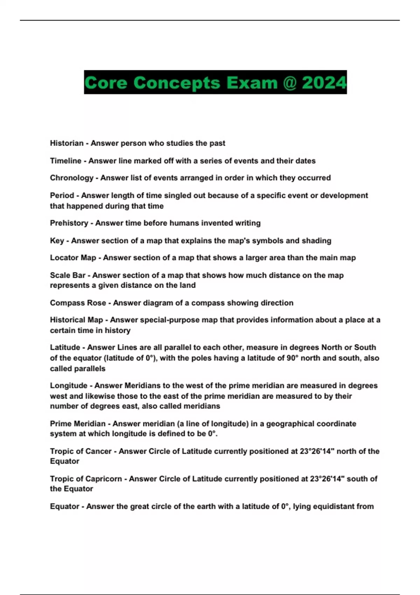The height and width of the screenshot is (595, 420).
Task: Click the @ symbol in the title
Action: (289, 83)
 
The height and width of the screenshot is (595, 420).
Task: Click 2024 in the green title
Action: (324, 83)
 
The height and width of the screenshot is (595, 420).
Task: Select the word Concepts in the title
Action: (177, 83)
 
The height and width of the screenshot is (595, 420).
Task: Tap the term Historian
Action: (66, 143)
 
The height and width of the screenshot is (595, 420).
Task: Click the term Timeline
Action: (65, 161)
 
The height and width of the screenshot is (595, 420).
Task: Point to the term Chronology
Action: (71, 178)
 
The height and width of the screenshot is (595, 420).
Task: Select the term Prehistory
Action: (69, 223)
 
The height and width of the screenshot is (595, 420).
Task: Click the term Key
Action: (57, 240)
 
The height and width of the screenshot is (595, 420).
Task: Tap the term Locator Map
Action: (73, 258)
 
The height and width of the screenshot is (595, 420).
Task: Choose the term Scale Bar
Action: (68, 275)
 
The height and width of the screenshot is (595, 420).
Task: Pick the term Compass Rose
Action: (78, 303)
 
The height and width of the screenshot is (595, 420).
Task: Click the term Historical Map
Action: (76, 320)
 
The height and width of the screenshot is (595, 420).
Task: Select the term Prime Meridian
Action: (77, 423)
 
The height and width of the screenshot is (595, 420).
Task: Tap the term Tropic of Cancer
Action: (80, 451)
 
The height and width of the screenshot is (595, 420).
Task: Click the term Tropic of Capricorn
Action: (86, 478)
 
